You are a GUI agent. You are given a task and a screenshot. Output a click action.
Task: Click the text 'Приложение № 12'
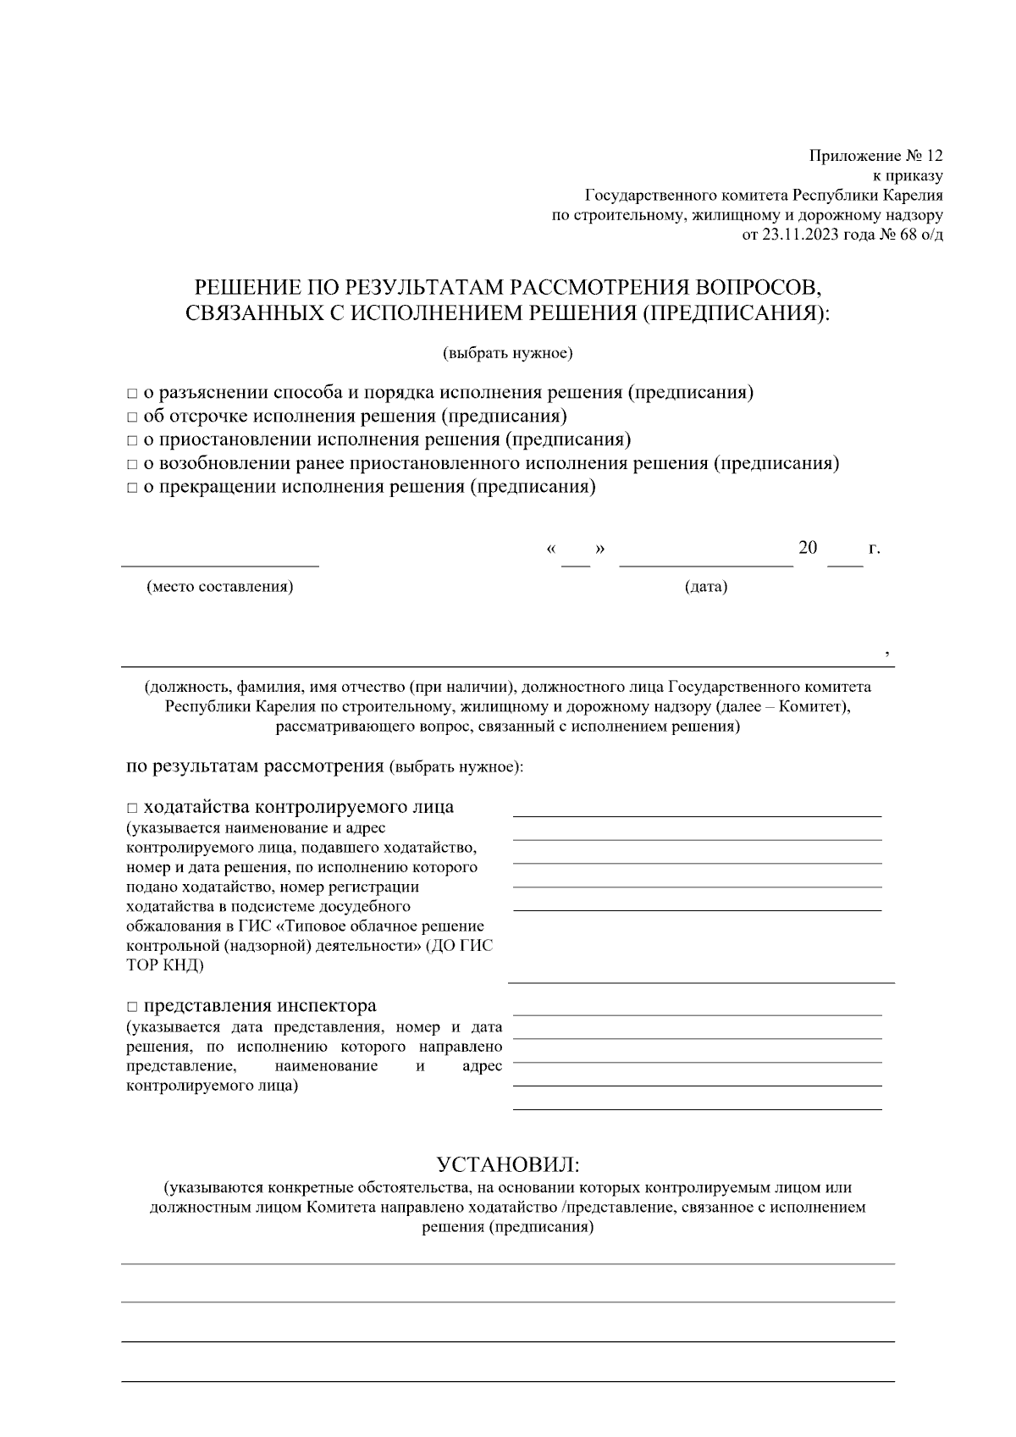[x=875, y=156]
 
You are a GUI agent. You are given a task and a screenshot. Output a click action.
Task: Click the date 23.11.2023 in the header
[x=795, y=235]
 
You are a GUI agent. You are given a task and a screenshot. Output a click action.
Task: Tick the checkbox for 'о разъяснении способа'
[x=131, y=394]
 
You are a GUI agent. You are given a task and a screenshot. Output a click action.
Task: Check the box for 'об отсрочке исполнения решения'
[x=131, y=417]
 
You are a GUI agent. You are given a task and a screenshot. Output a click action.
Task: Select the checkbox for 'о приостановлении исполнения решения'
[x=131, y=441]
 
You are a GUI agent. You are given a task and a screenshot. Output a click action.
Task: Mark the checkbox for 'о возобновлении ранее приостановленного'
[x=131, y=465]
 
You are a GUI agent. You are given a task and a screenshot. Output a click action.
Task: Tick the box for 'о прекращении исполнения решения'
[x=131, y=489]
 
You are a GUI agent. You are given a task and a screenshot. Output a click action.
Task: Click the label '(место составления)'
[x=220, y=587]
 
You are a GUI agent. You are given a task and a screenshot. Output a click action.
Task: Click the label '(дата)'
[x=705, y=587]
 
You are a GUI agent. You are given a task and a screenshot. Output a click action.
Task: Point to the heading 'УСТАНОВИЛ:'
[x=507, y=1164]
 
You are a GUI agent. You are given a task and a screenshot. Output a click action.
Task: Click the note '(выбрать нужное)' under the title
[x=507, y=353]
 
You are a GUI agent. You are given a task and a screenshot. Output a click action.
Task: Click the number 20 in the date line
[x=808, y=548]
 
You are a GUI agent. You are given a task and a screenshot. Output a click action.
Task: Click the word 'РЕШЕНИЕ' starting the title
[x=242, y=287]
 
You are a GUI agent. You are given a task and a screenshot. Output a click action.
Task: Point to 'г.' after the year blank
[x=875, y=549]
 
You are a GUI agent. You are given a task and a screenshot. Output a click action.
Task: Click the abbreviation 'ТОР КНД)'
[x=164, y=964]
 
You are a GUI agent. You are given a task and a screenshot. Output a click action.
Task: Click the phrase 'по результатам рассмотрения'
[x=254, y=766]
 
